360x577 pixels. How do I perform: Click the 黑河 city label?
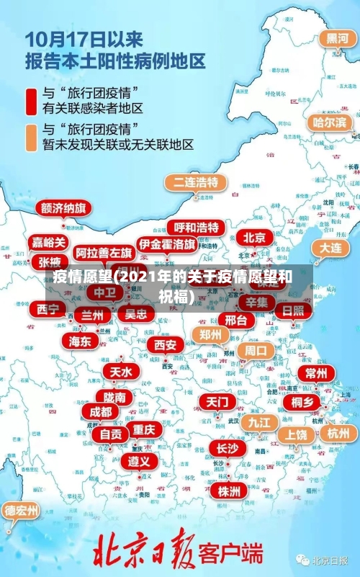(x=337, y=38)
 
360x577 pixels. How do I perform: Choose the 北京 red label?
(x=253, y=237)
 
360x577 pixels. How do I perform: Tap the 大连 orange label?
(x=331, y=247)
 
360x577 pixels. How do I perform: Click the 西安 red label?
(x=165, y=345)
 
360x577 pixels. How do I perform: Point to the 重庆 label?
(x=144, y=429)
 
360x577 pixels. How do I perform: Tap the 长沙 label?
(x=227, y=448)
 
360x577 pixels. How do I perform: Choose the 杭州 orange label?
(x=338, y=433)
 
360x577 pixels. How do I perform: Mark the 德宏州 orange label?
(x=22, y=511)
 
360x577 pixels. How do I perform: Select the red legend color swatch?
(x=32, y=101)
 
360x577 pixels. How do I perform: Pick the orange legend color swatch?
(x=32, y=137)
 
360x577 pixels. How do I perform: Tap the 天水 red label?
(x=120, y=372)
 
